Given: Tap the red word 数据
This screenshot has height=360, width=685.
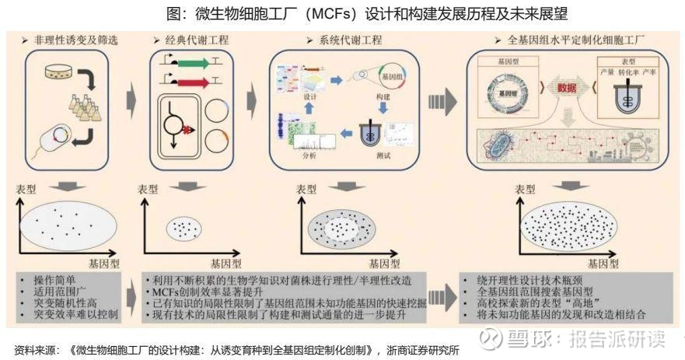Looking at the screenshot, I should [567, 88].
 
